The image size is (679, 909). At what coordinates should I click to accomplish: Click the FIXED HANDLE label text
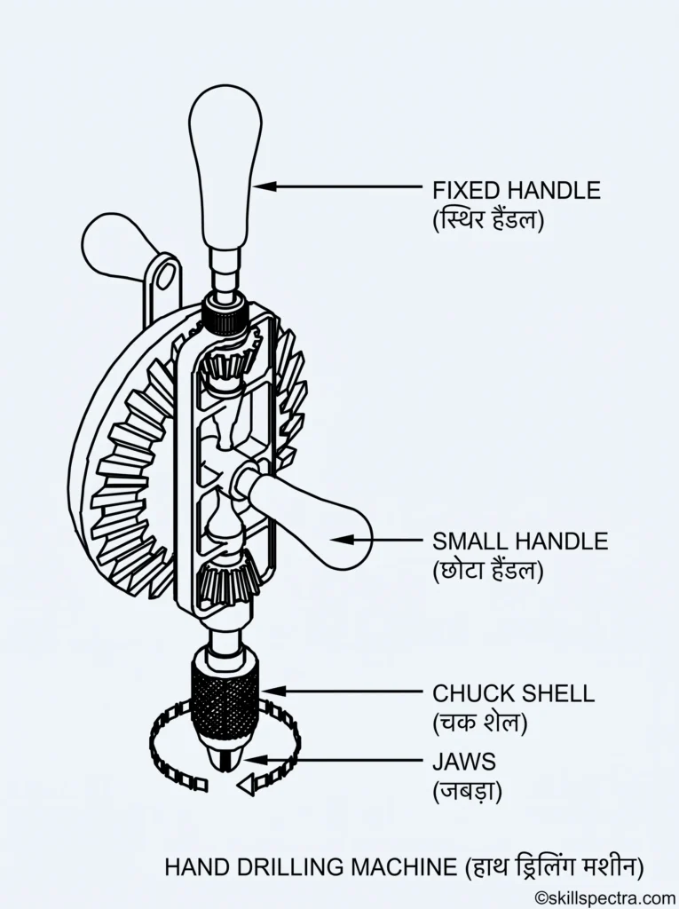(x=517, y=190)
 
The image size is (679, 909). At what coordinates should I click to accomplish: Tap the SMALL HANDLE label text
(x=520, y=541)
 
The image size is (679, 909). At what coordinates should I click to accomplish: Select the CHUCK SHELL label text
(x=514, y=693)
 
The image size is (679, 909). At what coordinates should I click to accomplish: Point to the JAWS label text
(x=464, y=761)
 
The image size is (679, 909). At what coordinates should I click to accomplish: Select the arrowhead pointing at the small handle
(x=342, y=540)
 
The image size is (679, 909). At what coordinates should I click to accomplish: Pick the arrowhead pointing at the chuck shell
(x=272, y=691)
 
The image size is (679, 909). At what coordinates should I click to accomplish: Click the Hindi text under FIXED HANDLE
(x=488, y=221)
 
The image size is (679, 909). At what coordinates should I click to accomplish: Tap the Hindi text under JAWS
(x=468, y=791)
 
